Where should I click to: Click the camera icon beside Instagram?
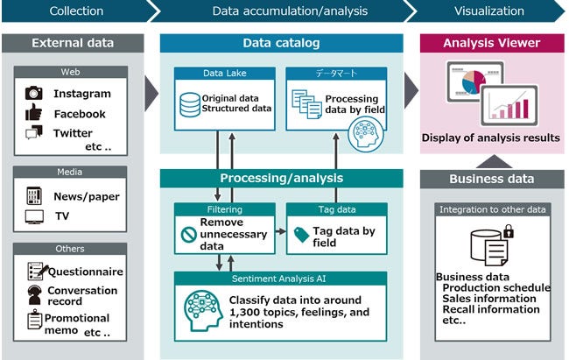pyautogui.click(x=34, y=93)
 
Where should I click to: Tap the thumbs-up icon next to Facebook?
pyautogui.click(x=34, y=113)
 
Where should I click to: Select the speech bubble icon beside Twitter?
pyautogui.click(x=34, y=133)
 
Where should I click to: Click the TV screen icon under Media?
pyautogui.click(x=34, y=215)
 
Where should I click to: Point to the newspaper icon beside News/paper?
pyautogui.click(x=34, y=195)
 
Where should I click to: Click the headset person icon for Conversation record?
pyautogui.click(x=34, y=295)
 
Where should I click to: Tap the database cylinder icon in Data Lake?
pyautogui.click(x=188, y=104)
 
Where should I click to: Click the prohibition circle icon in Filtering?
pyautogui.click(x=186, y=235)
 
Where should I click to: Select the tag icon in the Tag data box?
pyautogui.click(x=301, y=233)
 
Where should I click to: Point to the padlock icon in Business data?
pyautogui.click(x=509, y=231)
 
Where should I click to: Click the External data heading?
pyautogui.click(x=72, y=43)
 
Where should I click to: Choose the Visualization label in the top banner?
pyautogui.click(x=489, y=11)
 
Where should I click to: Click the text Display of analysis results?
pyautogui.click(x=490, y=138)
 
